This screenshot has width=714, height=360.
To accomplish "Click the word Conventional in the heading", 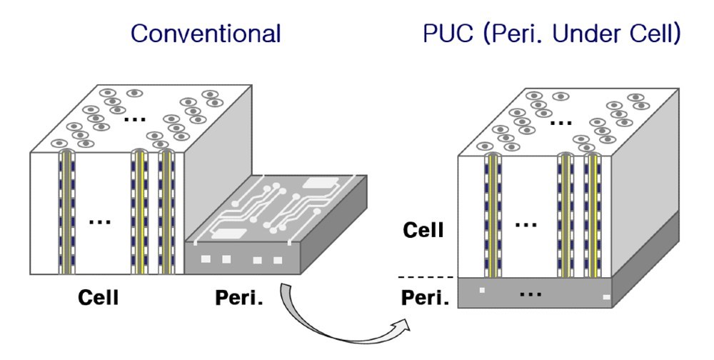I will (206, 34).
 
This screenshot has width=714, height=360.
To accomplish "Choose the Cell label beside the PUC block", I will (424, 230).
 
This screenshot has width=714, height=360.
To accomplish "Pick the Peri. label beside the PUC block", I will (424, 295).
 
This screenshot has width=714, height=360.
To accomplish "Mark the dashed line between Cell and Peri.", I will (426, 276).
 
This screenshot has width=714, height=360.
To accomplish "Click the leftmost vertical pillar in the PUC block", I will (492, 214).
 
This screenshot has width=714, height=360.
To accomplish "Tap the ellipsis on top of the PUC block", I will (560, 122).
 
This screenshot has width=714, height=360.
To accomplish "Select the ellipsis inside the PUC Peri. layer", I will (530, 293).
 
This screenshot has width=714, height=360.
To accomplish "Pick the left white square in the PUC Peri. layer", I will (483, 290).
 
